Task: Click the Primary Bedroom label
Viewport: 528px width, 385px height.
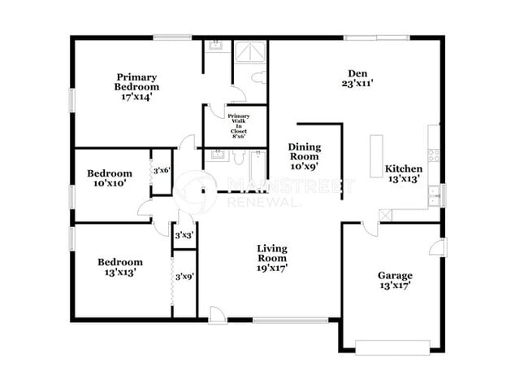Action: [x=136, y=85]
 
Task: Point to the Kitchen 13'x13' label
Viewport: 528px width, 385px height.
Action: [x=403, y=174]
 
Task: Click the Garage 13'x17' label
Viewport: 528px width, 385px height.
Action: [x=395, y=280]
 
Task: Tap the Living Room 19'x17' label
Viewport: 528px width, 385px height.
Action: [x=272, y=257]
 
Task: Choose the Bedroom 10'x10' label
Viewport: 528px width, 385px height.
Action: [x=110, y=178]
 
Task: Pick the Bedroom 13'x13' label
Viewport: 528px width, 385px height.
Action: [x=120, y=267]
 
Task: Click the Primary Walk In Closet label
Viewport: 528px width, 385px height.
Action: [x=239, y=126]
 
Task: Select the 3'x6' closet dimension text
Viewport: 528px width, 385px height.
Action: [x=162, y=171]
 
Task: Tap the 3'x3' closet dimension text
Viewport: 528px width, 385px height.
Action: [x=184, y=235]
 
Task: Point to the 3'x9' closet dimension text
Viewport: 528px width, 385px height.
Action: [x=184, y=277]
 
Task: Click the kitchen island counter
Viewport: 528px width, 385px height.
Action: [x=376, y=155]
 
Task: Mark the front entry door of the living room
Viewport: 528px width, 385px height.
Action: [x=218, y=316]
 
